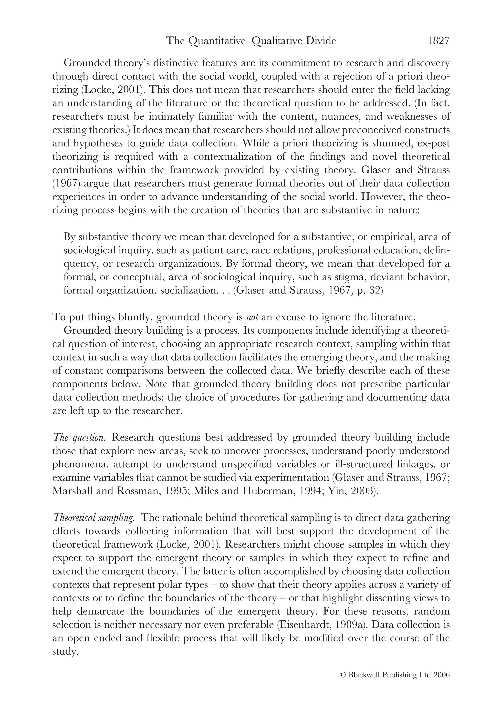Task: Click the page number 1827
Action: tap(438, 41)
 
